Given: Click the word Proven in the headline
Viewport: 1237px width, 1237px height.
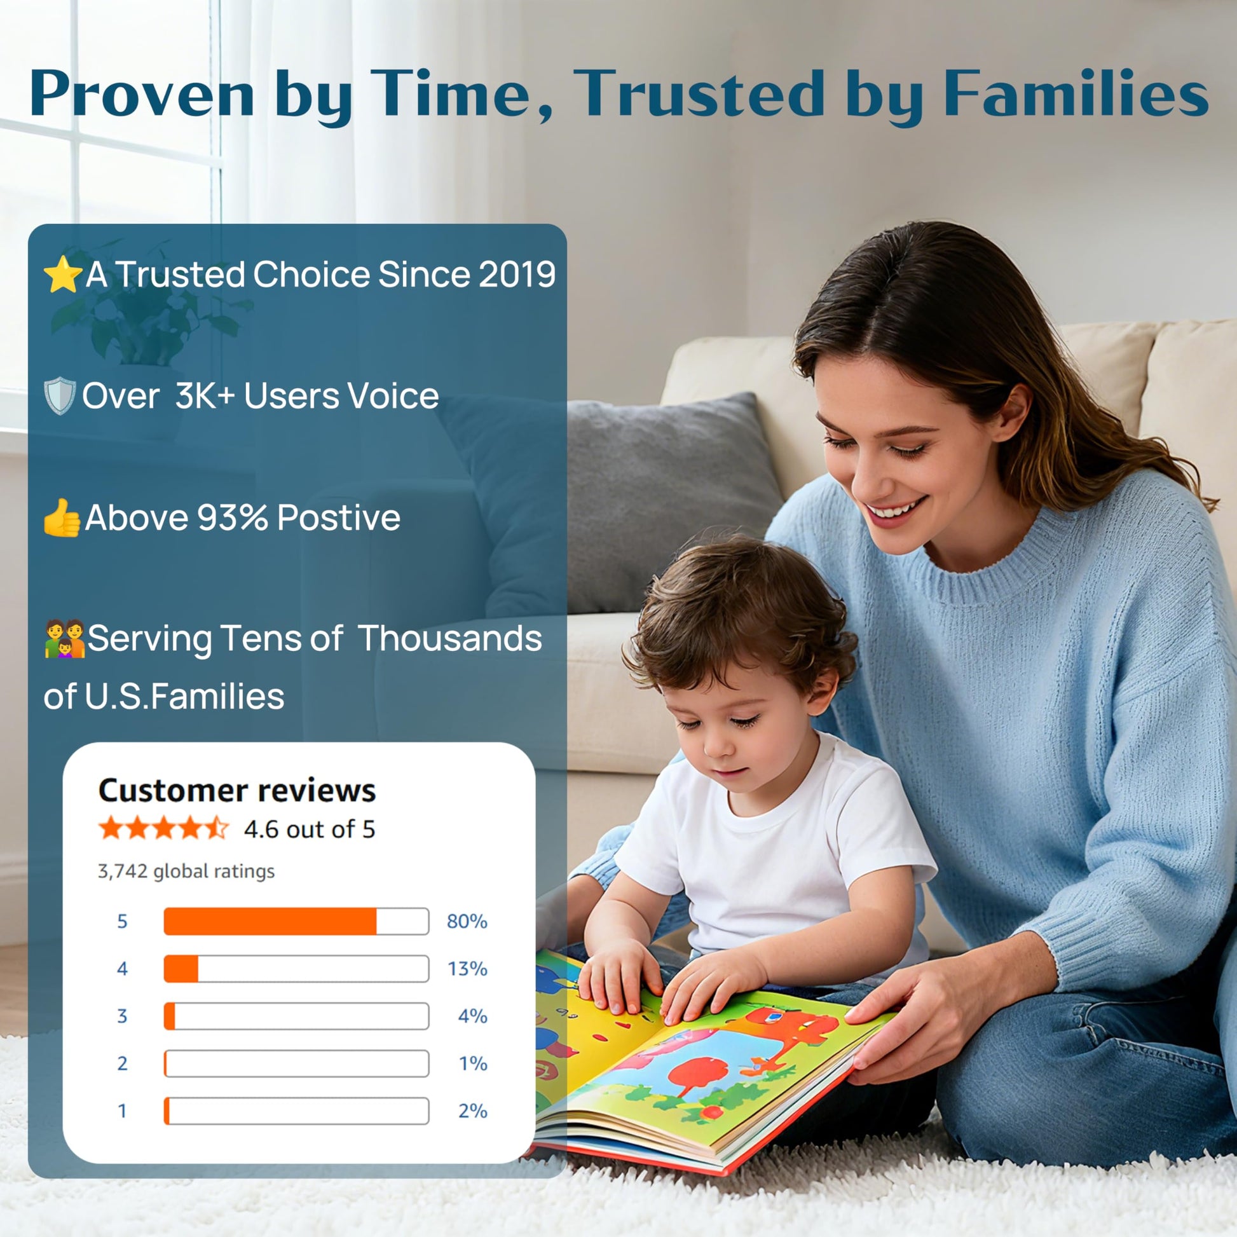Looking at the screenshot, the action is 142,94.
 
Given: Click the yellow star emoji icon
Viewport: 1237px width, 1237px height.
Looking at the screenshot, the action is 62,274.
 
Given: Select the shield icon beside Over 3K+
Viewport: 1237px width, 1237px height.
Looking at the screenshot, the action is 60,395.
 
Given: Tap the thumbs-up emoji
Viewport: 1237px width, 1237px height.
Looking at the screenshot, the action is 61,517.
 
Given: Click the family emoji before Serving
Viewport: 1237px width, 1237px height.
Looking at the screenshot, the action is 64,638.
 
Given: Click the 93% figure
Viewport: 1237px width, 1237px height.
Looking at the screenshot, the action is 233,517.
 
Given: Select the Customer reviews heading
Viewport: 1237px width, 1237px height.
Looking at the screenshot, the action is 237,790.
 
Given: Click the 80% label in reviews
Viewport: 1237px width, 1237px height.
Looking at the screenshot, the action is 467,921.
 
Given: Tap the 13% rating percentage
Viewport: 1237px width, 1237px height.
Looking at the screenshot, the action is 467,969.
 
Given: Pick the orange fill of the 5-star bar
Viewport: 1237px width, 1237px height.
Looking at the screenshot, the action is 270,921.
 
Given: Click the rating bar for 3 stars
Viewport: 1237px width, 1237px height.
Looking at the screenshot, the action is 296,1016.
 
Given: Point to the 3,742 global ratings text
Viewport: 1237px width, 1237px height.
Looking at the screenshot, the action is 186,871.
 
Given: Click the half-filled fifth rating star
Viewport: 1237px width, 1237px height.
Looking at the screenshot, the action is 217,828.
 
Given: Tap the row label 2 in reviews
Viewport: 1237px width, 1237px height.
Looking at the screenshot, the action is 122,1063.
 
